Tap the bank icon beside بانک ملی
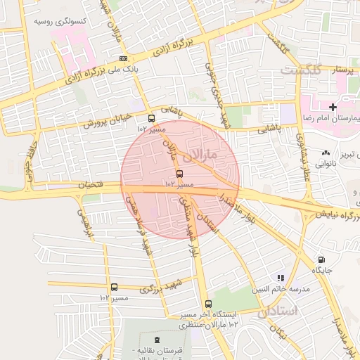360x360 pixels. [124, 58]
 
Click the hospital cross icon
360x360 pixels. [333, 106]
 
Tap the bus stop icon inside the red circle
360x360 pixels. [179, 173]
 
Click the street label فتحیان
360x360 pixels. [94, 185]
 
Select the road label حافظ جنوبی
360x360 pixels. [30, 164]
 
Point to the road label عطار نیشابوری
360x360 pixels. [304, 161]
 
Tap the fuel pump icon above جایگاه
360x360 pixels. [321, 259]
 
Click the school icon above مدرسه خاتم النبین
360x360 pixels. [281, 278]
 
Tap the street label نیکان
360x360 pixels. [282, 333]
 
